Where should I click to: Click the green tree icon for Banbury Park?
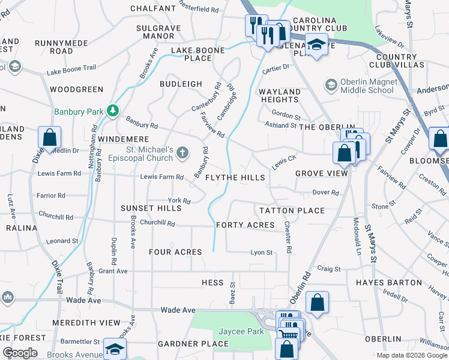pos(112,110)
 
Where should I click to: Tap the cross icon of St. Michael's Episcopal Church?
pos(184,154)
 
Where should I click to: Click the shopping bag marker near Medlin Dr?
pos(50,137)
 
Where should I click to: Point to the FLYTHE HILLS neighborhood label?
pos(235,178)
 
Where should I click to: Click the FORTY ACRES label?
pos(245,225)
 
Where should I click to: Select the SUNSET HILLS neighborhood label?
pos(151,208)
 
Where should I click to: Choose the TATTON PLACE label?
pos(292,211)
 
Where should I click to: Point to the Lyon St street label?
pos(261,253)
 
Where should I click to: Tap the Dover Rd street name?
pos(326,193)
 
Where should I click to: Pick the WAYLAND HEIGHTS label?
pos(279,95)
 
